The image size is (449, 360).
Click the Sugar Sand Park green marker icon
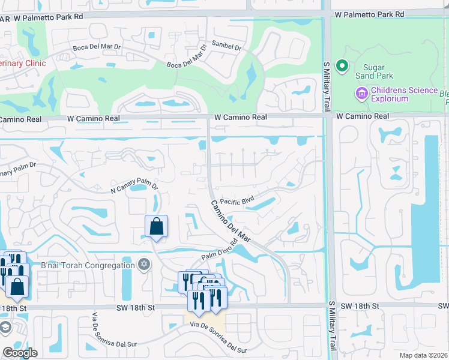pyautogui.click(x=342, y=65)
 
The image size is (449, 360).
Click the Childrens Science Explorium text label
pyautogui.click(x=404, y=94)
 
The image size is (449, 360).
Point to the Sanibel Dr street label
pyautogui.click(x=226, y=46)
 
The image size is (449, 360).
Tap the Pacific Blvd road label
pyautogui.click(x=237, y=202)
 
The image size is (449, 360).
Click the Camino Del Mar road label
pyautogui.click(x=230, y=221)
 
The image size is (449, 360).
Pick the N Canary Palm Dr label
pyautogui.click(x=134, y=188)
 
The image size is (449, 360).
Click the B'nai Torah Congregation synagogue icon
pyautogui.click(x=143, y=265)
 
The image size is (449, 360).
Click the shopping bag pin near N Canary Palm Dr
pyautogui.click(x=156, y=226)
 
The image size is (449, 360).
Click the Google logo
pyautogui.click(x=20, y=352)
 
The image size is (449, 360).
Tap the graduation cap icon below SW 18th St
pyautogui.click(x=5, y=328)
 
